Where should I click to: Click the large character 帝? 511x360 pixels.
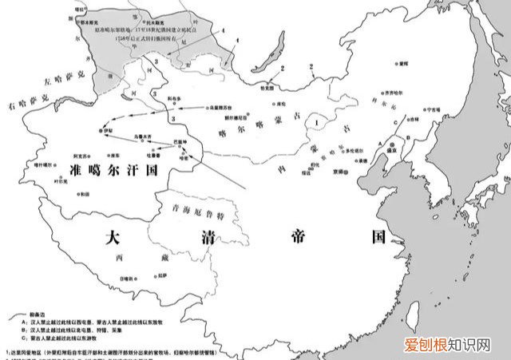coord(298,236)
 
